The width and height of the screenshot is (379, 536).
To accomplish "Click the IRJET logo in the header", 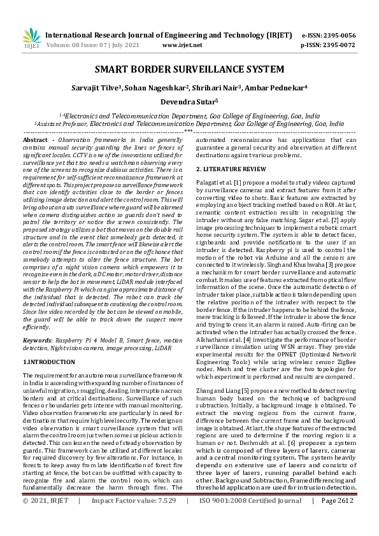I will click(x=31, y=39).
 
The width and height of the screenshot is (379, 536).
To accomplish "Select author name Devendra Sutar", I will click(x=189, y=101).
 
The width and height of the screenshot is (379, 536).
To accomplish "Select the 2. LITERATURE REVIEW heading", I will click(x=230, y=169).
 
